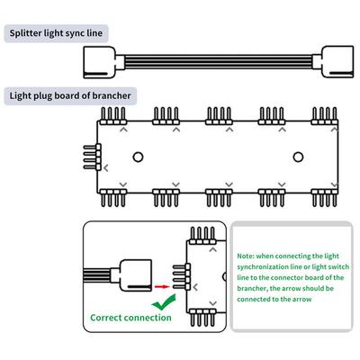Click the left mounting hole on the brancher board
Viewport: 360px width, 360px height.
(x=139, y=156)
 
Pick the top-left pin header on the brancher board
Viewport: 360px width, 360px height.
(x=112, y=114)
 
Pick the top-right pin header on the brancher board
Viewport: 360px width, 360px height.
(x=323, y=114)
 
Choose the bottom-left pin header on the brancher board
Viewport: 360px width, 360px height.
(x=112, y=195)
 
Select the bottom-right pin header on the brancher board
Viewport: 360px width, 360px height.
(x=323, y=195)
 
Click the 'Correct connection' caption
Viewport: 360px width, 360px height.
(x=130, y=318)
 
